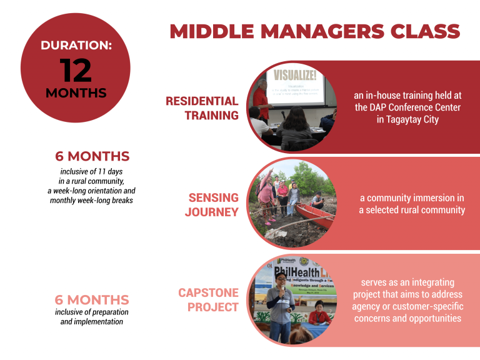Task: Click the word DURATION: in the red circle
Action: tap(76, 45)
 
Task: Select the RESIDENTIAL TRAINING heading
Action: tap(202, 108)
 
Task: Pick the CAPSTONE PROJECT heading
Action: tap(208, 299)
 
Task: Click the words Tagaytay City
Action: tap(407, 119)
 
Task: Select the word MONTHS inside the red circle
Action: tap(76, 94)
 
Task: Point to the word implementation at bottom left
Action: tap(99, 321)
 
